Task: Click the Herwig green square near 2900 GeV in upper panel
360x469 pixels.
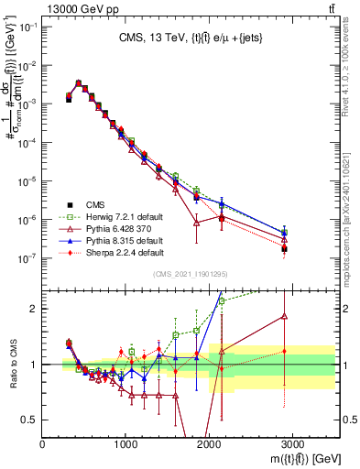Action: click(x=284, y=234)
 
